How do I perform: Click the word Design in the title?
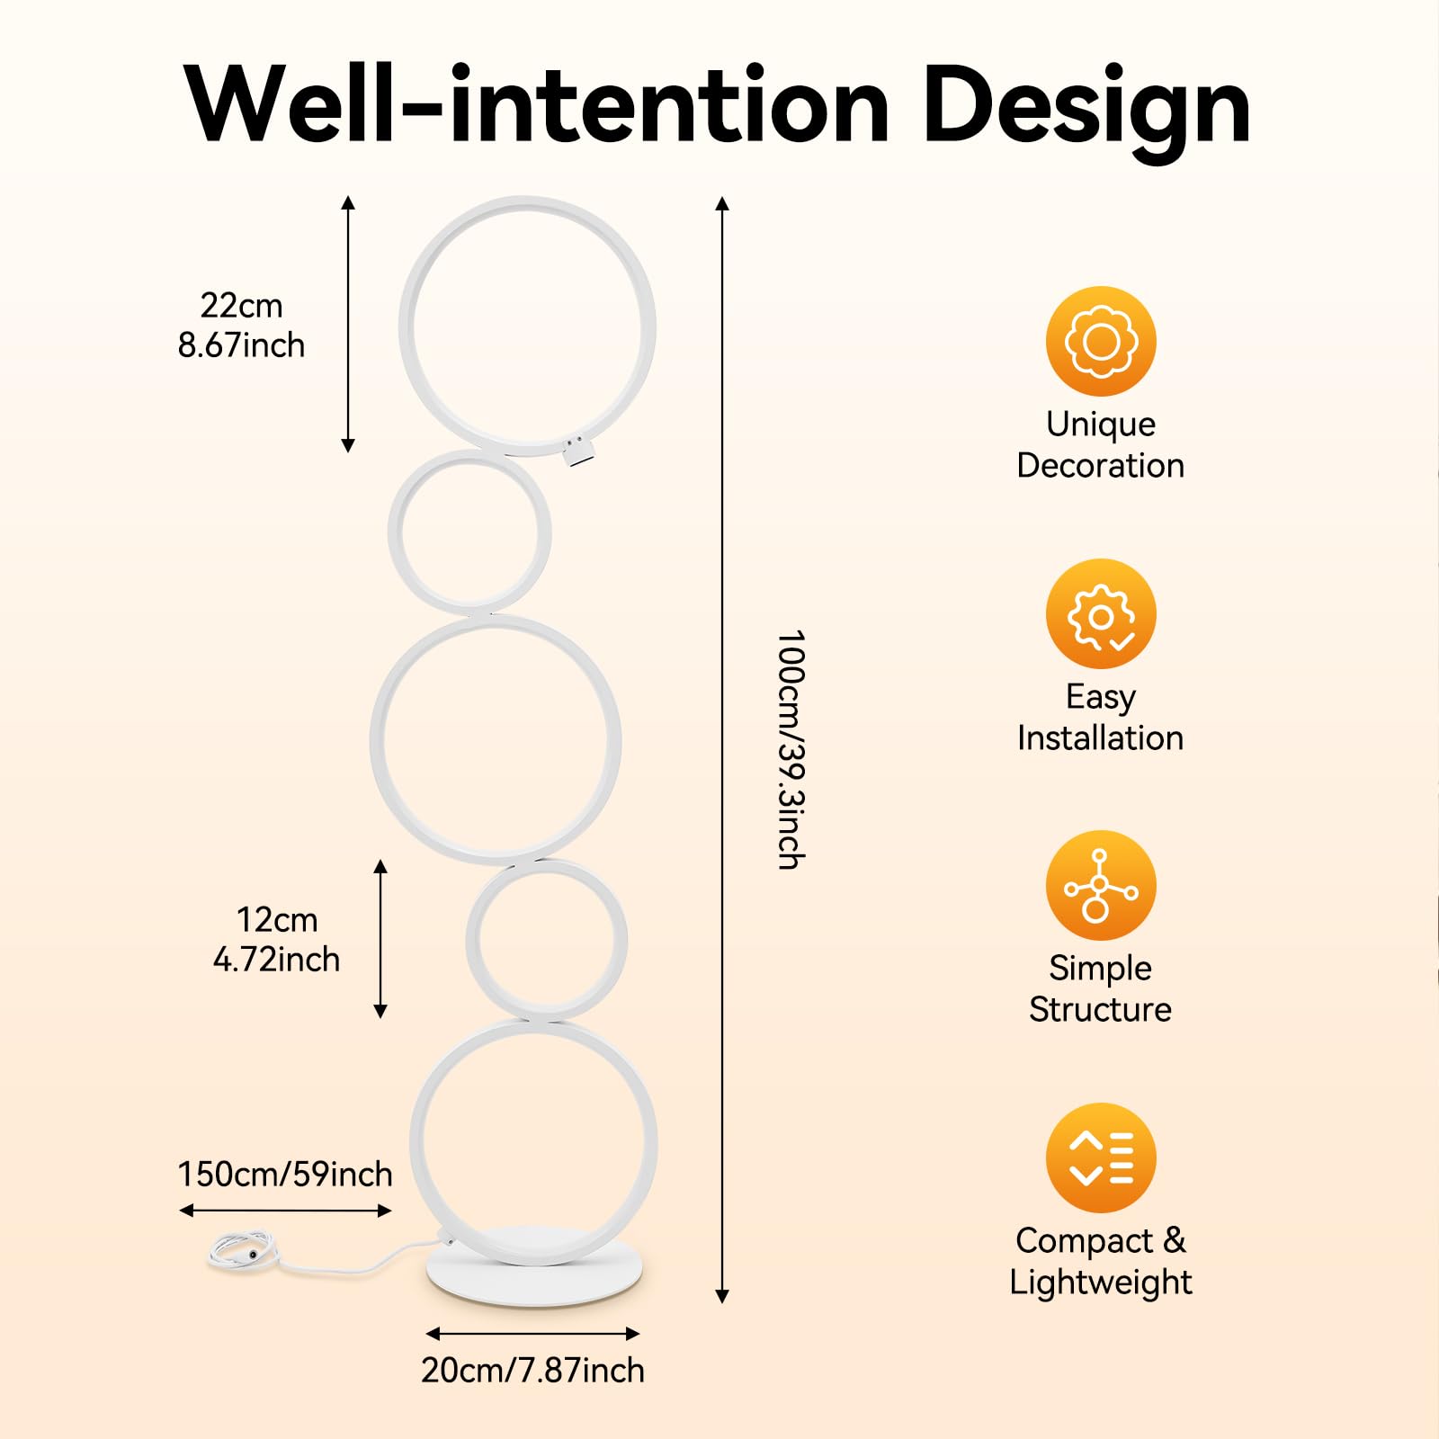[1086, 106]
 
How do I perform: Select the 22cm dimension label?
[241, 306]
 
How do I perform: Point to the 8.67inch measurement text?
[241, 345]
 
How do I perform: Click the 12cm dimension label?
[277, 920]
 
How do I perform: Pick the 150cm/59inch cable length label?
[285, 1175]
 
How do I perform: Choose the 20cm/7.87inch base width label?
[532, 1371]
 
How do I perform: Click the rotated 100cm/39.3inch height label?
[790, 749]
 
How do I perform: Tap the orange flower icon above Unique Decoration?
[1100, 342]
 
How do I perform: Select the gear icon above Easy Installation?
[1100, 614]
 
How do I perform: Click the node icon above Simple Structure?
[1100, 886]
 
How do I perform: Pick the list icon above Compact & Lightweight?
[1100, 1157]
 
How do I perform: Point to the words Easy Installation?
[1100, 717]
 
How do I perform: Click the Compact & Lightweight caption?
[1100, 1261]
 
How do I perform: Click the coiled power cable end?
[238, 1250]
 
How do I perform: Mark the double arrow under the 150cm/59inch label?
[285, 1211]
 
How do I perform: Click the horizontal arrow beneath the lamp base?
[532, 1333]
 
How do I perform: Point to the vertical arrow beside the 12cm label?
[380, 939]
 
